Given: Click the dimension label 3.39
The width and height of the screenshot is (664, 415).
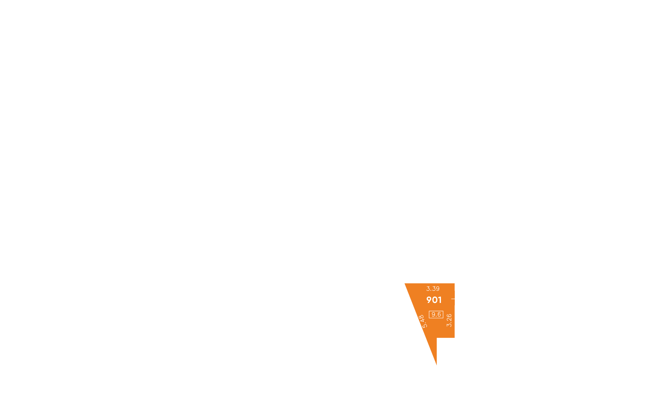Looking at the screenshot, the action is [433, 289].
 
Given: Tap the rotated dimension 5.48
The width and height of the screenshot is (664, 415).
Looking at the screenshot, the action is [423, 321].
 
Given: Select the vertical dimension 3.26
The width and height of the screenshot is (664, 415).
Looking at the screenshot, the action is [449, 320].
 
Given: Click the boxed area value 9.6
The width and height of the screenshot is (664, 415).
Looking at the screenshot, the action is [436, 314].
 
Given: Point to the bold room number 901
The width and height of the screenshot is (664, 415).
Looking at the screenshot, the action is [434, 300].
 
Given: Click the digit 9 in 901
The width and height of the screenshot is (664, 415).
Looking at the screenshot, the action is [429, 300].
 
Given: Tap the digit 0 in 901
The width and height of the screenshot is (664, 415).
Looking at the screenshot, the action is [435, 300].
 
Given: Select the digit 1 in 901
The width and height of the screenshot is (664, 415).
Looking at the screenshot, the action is [440, 300].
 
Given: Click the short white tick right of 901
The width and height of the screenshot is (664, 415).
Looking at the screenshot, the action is [453, 299].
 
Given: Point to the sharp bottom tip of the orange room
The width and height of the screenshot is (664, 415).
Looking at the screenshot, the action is [436, 365].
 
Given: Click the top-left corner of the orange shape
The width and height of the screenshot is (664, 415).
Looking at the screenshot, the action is [405, 283].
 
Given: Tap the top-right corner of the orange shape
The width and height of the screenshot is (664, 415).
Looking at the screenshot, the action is [454, 283].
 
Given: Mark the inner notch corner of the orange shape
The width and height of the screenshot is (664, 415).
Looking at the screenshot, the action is [437, 338].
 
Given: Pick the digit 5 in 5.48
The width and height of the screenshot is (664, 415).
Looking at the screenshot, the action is [425, 326].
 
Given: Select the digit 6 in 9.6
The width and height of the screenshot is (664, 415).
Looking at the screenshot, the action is [439, 314].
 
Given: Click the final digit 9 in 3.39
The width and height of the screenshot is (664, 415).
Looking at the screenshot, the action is [437, 289].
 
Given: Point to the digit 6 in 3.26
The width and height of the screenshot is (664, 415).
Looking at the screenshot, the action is [449, 316].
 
